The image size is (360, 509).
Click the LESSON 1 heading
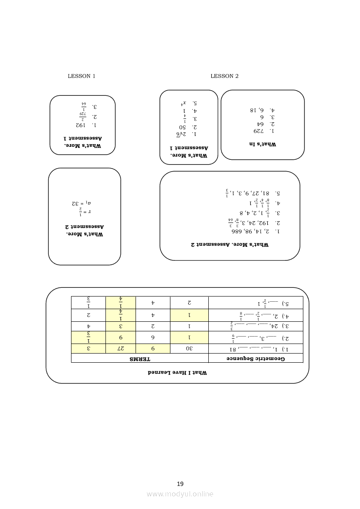pyautogui.click(x=82, y=76)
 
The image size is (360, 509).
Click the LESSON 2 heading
pyautogui.click(x=224, y=76)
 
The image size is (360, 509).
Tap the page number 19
pyautogui.click(x=180, y=484)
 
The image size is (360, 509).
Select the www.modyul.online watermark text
pyautogui.click(x=180, y=494)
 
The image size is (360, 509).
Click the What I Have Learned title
pyautogui.click(x=177, y=373)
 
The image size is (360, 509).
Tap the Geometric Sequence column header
pyautogui.click(x=255, y=358)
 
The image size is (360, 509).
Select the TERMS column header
pyautogui.click(x=139, y=358)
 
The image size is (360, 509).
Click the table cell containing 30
pyautogui.click(x=190, y=349)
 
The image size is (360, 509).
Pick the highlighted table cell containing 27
pyautogui.click(x=120, y=349)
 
